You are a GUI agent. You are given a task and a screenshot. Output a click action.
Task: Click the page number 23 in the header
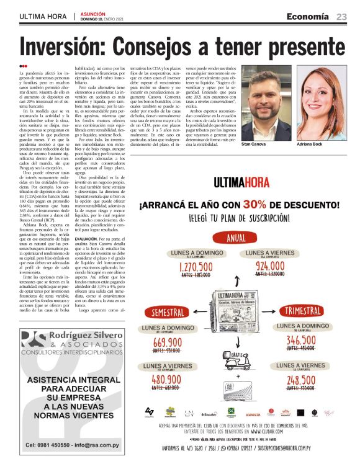click(x=341, y=16)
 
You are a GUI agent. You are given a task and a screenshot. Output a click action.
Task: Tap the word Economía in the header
click(x=308, y=16)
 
